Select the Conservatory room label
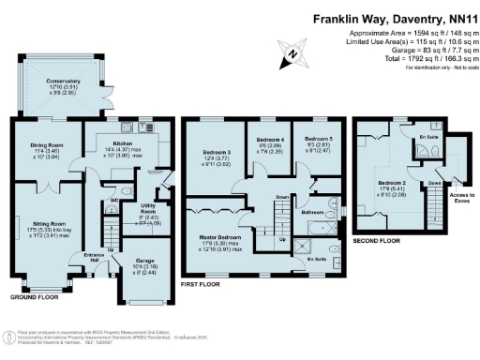tap(65, 82)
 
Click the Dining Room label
tap(45, 144)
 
